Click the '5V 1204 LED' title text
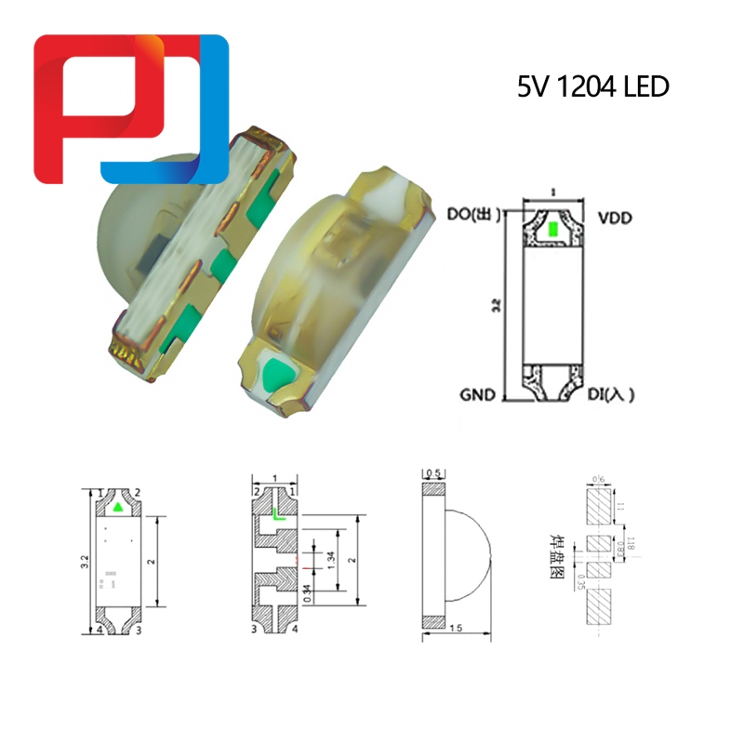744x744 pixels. click(x=593, y=88)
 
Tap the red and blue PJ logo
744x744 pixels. click(x=130, y=109)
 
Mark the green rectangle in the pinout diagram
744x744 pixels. click(x=552, y=229)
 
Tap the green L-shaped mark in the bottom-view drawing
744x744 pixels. click(x=277, y=512)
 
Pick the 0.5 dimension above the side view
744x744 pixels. click(x=432, y=473)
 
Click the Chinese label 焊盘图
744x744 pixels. click(x=559, y=556)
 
